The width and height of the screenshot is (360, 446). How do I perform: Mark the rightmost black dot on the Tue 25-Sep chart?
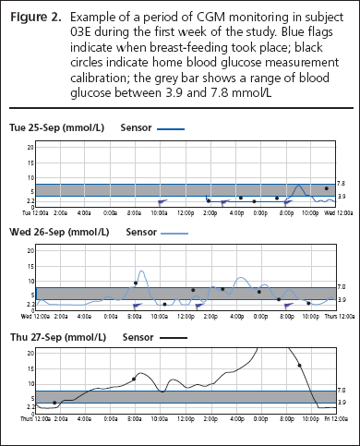[326, 188]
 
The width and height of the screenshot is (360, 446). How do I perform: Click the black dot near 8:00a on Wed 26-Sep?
[136, 283]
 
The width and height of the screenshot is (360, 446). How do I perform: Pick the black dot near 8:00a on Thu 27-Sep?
[134, 379]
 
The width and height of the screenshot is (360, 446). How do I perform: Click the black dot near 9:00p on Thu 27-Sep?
[300, 366]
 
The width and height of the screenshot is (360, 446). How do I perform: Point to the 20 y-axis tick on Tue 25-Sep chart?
[30, 147]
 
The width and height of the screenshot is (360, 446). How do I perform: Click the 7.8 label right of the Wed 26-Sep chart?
[342, 287]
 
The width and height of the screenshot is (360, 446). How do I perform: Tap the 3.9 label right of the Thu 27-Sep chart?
[342, 403]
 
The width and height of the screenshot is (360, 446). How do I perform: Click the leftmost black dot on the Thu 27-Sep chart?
[54, 403]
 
